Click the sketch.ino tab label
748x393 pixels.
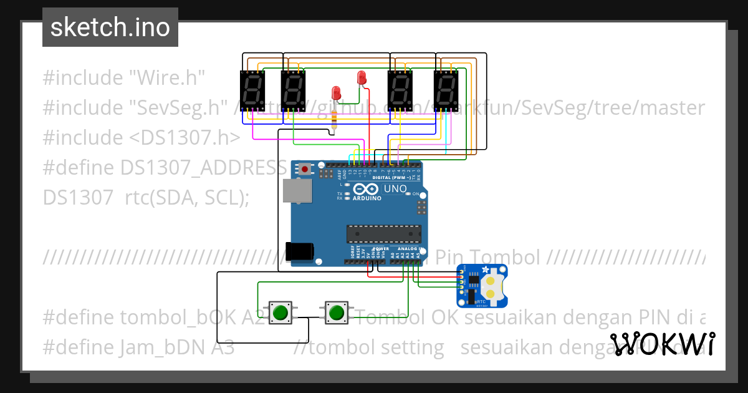tap(110, 27)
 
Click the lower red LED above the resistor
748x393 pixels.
tap(336, 93)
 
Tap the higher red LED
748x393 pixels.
tap(361, 78)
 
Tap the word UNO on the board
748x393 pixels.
tap(395, 189)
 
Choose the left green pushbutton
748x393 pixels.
tap(280, 312)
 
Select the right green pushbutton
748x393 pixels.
tap(337, 312)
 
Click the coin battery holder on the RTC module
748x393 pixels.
tap(491, 285)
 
